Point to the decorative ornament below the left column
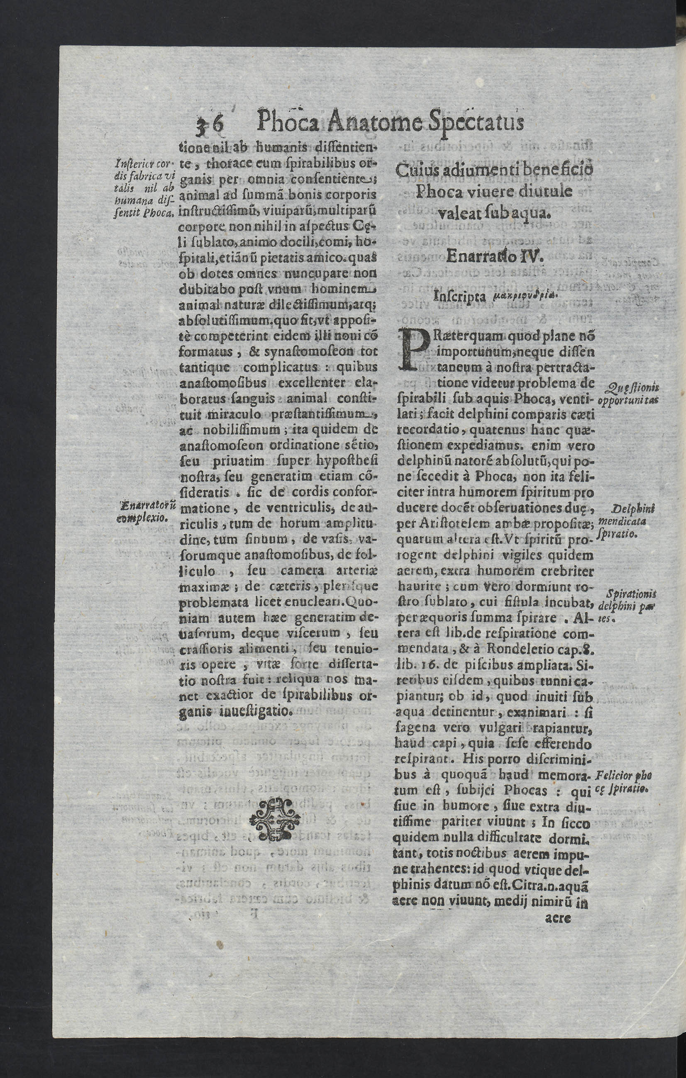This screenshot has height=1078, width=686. pyautogui.click(x=274, y=819)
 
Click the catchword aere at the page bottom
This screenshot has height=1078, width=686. pyautogui.click(x=558, y=918)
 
